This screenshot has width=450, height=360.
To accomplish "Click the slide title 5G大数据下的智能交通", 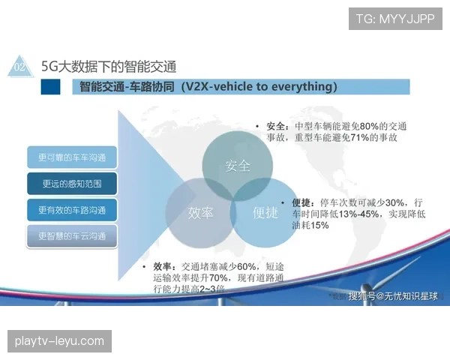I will tap(109, 67).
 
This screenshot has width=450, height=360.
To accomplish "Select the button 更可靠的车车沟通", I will tap(72, 157).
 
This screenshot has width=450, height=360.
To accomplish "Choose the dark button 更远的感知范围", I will tap(72, 183).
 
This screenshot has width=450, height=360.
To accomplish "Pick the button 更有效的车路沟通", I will tap(72, 208).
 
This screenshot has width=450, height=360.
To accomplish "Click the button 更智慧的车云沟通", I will tap(72, 235).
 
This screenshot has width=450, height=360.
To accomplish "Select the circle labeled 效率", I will tap(200, 212).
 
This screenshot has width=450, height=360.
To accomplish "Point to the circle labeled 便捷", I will tap(265, 212).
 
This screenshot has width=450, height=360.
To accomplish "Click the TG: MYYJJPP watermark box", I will tap(394, 18).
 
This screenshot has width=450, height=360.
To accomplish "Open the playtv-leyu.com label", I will tap(60, 341).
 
